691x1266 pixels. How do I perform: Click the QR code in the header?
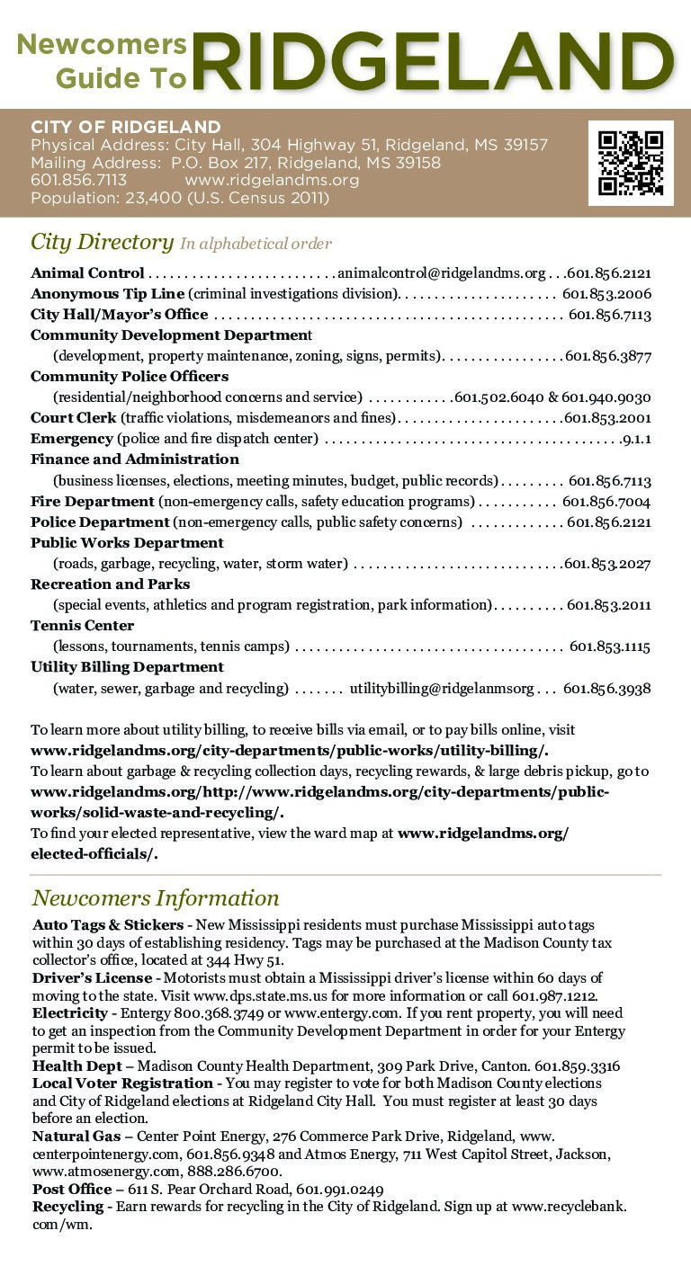[x=631, y=163]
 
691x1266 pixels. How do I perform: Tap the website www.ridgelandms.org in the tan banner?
[x=272, y=180]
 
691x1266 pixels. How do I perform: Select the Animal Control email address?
[x=441, y=272]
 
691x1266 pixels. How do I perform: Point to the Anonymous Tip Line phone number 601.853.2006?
[x=606, y=294]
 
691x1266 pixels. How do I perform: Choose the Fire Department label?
[x=93, y=501]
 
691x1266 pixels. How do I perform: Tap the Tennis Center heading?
[x=82, y=625]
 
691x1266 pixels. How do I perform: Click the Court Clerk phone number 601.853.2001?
[x=607, y=418]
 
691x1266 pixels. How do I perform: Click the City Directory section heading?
[x=102, y=242]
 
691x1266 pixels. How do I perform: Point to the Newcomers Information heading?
[x=156, y=897]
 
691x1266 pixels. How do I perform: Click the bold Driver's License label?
[x=92, y=977]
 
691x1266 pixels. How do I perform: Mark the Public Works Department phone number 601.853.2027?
[x=607, y=564]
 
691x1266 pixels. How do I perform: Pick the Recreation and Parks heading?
[x=110, y=584]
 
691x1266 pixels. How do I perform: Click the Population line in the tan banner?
[x=180, y=198]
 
